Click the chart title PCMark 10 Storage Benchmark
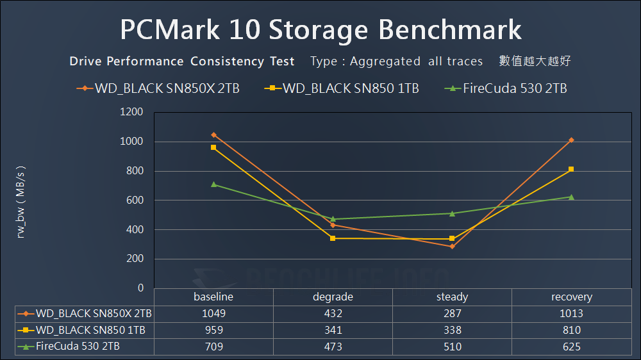[x=320, y=29]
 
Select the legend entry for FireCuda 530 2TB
[x=506, y=88]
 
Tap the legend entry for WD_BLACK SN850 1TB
[x=342, y=88]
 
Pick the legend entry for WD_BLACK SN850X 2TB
[x=158, y=88]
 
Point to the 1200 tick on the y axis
[x=131, y=112]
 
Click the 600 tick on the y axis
[x=134, y=200]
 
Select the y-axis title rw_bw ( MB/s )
[x=21, y=200]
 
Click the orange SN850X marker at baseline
[x=213, y=135]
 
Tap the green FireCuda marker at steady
[x=452, y=213]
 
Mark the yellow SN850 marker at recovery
[x=571, y=169]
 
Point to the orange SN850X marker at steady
[x=452, y=246]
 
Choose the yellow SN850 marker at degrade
[x=333, y=238]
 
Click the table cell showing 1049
[x=213, y=313]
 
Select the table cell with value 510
[x=452, y=347]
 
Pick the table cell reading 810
[x=571, y=330]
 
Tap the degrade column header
[x=333, y=297]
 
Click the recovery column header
[x=571, y=297]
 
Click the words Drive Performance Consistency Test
[x=182, y=61]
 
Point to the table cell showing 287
[x=452, y=313]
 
